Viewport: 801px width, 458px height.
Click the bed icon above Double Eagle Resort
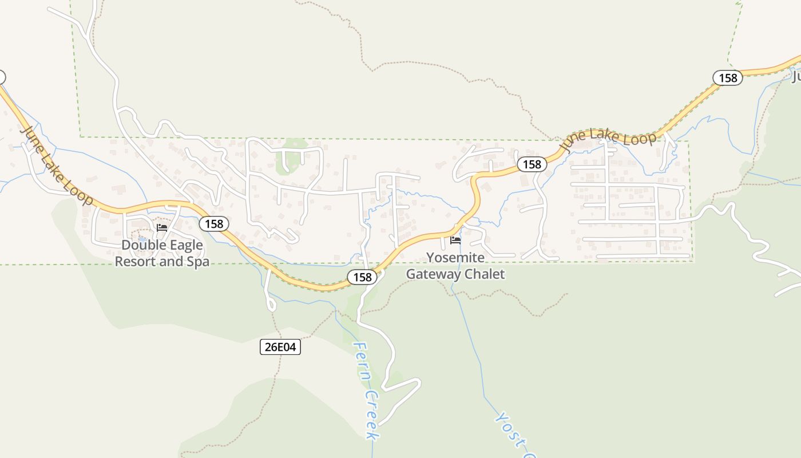[x=162, y=228]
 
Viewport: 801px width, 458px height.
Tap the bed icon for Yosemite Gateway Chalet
[x=455, y=240]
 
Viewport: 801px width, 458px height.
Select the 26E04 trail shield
[x=280, y=346]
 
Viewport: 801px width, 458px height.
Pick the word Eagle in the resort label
[x=183, y=246]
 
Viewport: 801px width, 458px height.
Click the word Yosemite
[x=455, y=258]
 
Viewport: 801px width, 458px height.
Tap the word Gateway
[x=433, y=274]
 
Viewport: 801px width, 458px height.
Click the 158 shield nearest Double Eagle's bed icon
[x=214, y=223]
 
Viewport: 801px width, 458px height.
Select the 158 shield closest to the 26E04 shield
[x=362, y=278]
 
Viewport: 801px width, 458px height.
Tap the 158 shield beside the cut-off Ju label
[x=728, y=78]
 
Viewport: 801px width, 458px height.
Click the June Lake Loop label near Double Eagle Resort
[x=57, y=165]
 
